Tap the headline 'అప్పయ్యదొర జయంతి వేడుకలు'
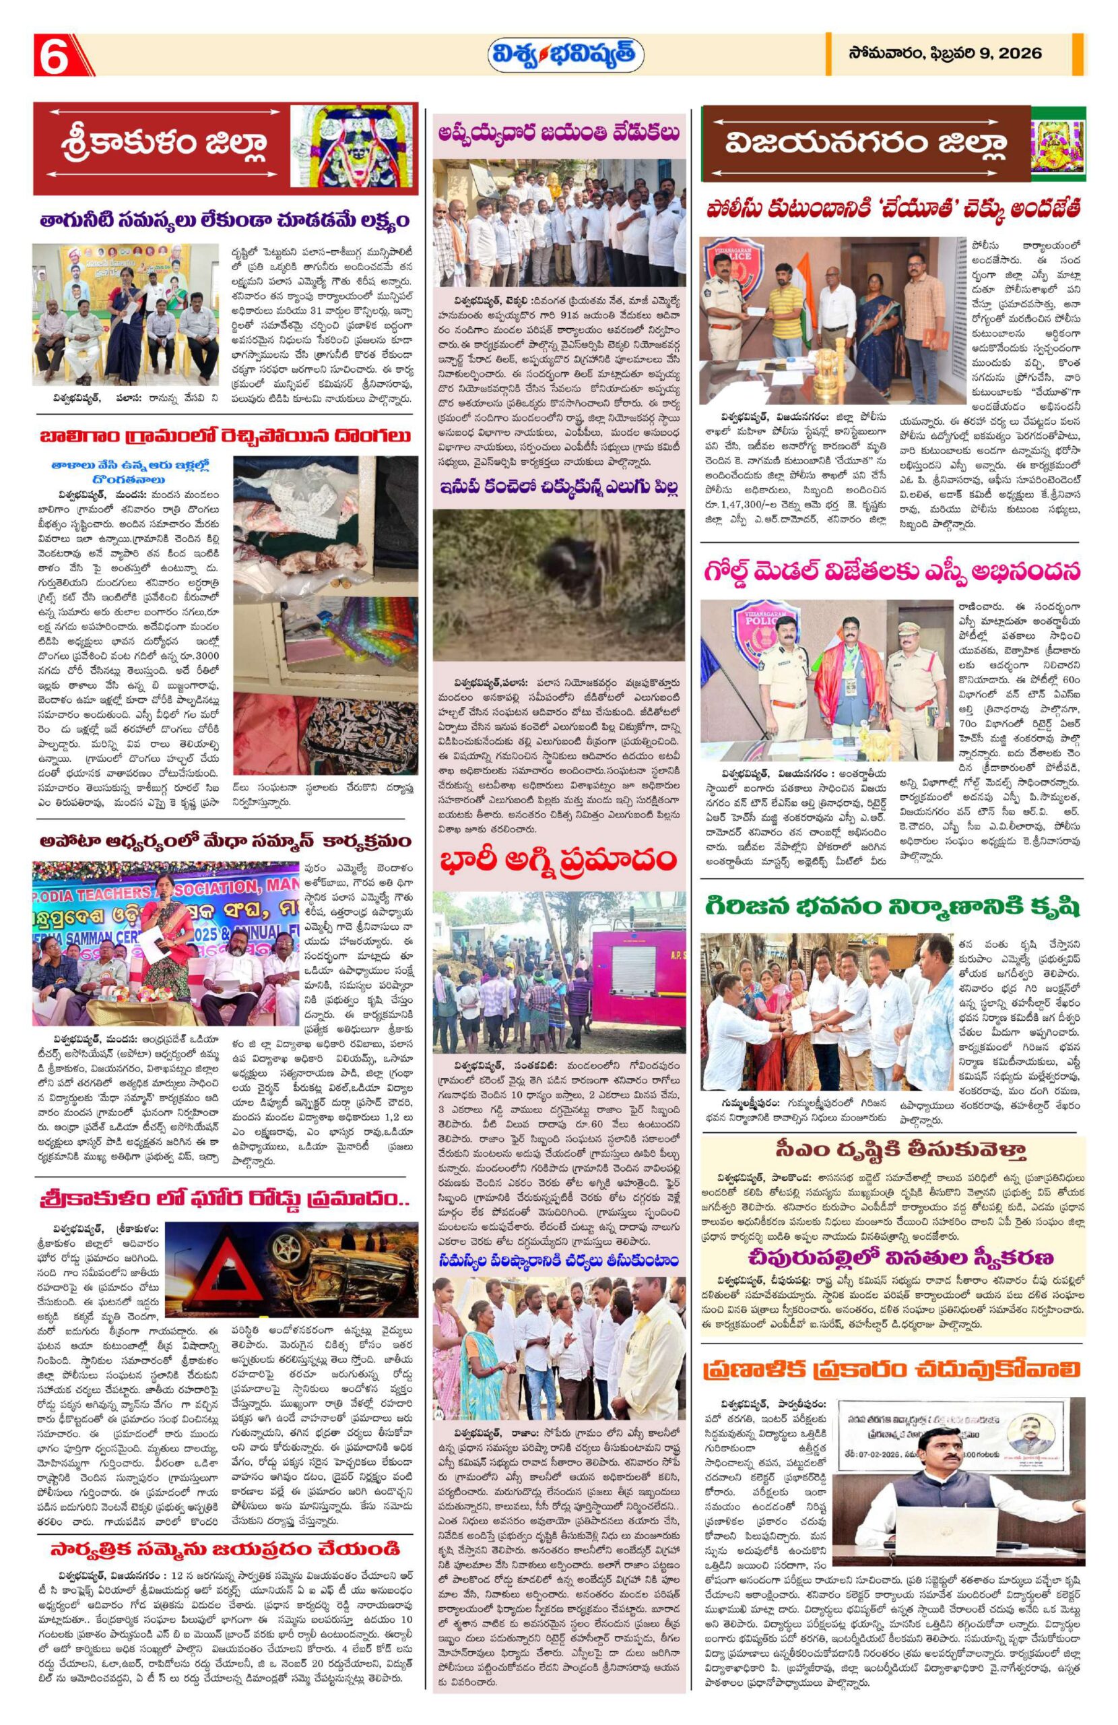point(558,133)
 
